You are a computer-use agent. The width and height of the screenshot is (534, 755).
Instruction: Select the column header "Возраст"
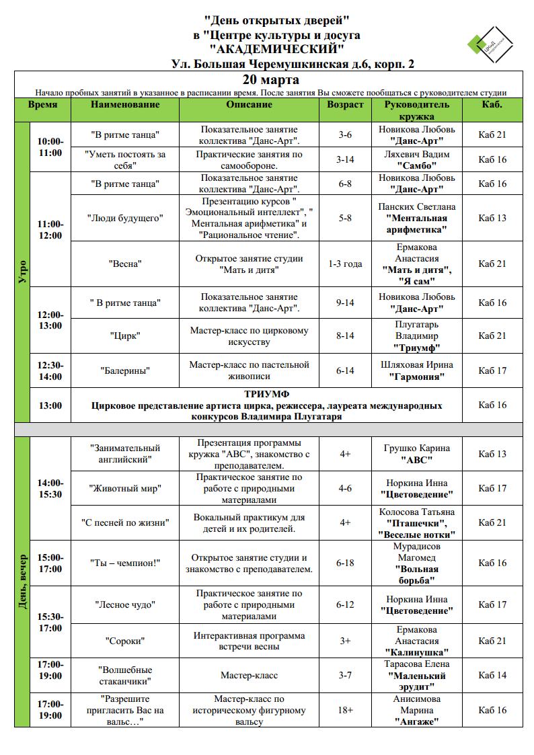(345, 105)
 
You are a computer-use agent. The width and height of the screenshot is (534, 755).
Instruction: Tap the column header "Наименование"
(125, 105)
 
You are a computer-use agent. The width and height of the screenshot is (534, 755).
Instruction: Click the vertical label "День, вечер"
(23, 582)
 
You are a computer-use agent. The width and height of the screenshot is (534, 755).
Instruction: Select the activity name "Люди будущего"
(125, 218)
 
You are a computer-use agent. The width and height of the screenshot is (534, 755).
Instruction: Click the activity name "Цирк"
(125, 336)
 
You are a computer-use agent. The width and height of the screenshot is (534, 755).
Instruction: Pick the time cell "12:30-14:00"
(50, 370)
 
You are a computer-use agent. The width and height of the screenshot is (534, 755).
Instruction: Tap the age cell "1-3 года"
(345, 264)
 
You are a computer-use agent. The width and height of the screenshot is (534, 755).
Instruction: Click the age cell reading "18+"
(345, 710)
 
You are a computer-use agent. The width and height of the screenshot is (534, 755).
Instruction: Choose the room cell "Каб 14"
(492, 675)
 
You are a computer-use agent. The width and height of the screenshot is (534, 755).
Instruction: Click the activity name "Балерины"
(125, 370)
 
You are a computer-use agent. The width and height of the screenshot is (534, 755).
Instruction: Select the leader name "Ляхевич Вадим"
(417, 154)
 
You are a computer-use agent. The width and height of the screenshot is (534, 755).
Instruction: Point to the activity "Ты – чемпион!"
(125, 563)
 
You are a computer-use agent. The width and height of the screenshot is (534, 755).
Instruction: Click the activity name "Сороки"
(125, 641)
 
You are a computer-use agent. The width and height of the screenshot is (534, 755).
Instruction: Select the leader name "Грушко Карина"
(417, 448)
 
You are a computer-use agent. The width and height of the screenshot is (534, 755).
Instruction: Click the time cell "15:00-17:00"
(50, 563)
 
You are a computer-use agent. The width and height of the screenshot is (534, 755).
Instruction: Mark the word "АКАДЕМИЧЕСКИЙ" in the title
(276, 49)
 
